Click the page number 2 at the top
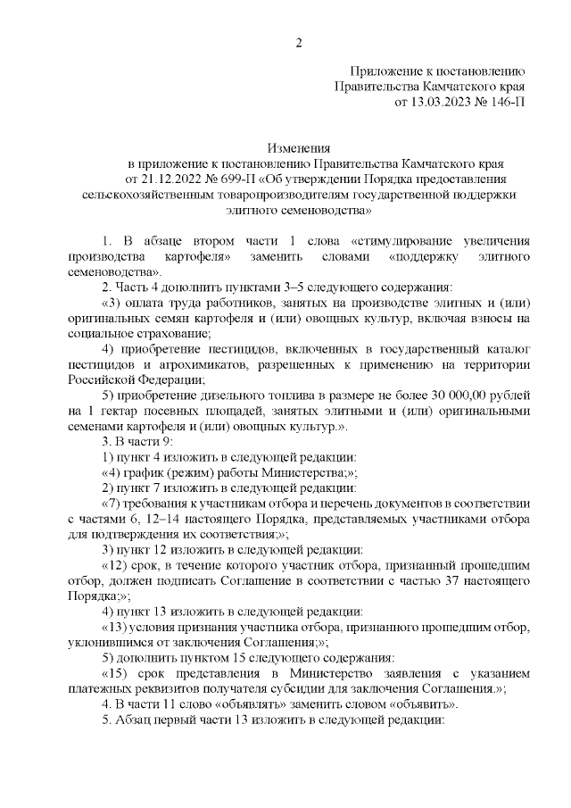click(299, 42)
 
